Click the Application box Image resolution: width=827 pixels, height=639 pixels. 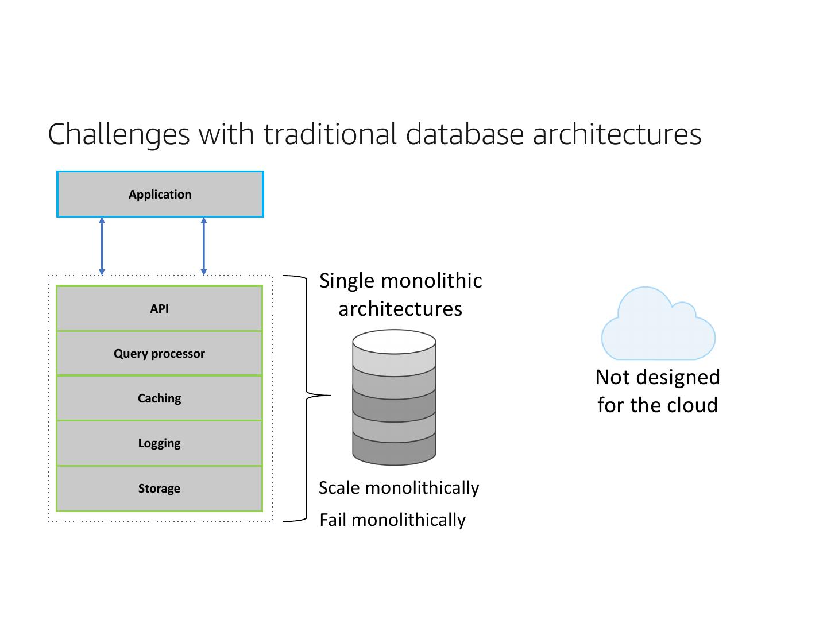click(160, 194)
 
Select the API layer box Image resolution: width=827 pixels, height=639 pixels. click(159, 308)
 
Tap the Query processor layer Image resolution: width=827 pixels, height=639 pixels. click(159, 353)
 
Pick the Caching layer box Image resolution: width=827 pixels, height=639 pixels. click(159, 398)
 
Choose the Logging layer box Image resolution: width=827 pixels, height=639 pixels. click(159, 443)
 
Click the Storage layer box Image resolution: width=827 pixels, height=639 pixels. click(159, 488)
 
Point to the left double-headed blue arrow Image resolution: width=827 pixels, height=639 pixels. click(102, 246)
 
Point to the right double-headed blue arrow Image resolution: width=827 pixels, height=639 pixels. click(204, 246)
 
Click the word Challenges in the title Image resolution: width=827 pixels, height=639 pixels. click(119, 134)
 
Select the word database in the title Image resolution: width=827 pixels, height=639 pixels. click(465, 134)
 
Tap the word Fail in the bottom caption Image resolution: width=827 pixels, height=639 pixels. click(333, 520)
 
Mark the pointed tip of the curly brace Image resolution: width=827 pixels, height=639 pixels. click(330, 395)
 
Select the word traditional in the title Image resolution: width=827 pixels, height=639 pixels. click(330, 134)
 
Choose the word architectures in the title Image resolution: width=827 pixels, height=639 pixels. click(617, 134)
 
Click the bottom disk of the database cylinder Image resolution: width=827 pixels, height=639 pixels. click(394, 451)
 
